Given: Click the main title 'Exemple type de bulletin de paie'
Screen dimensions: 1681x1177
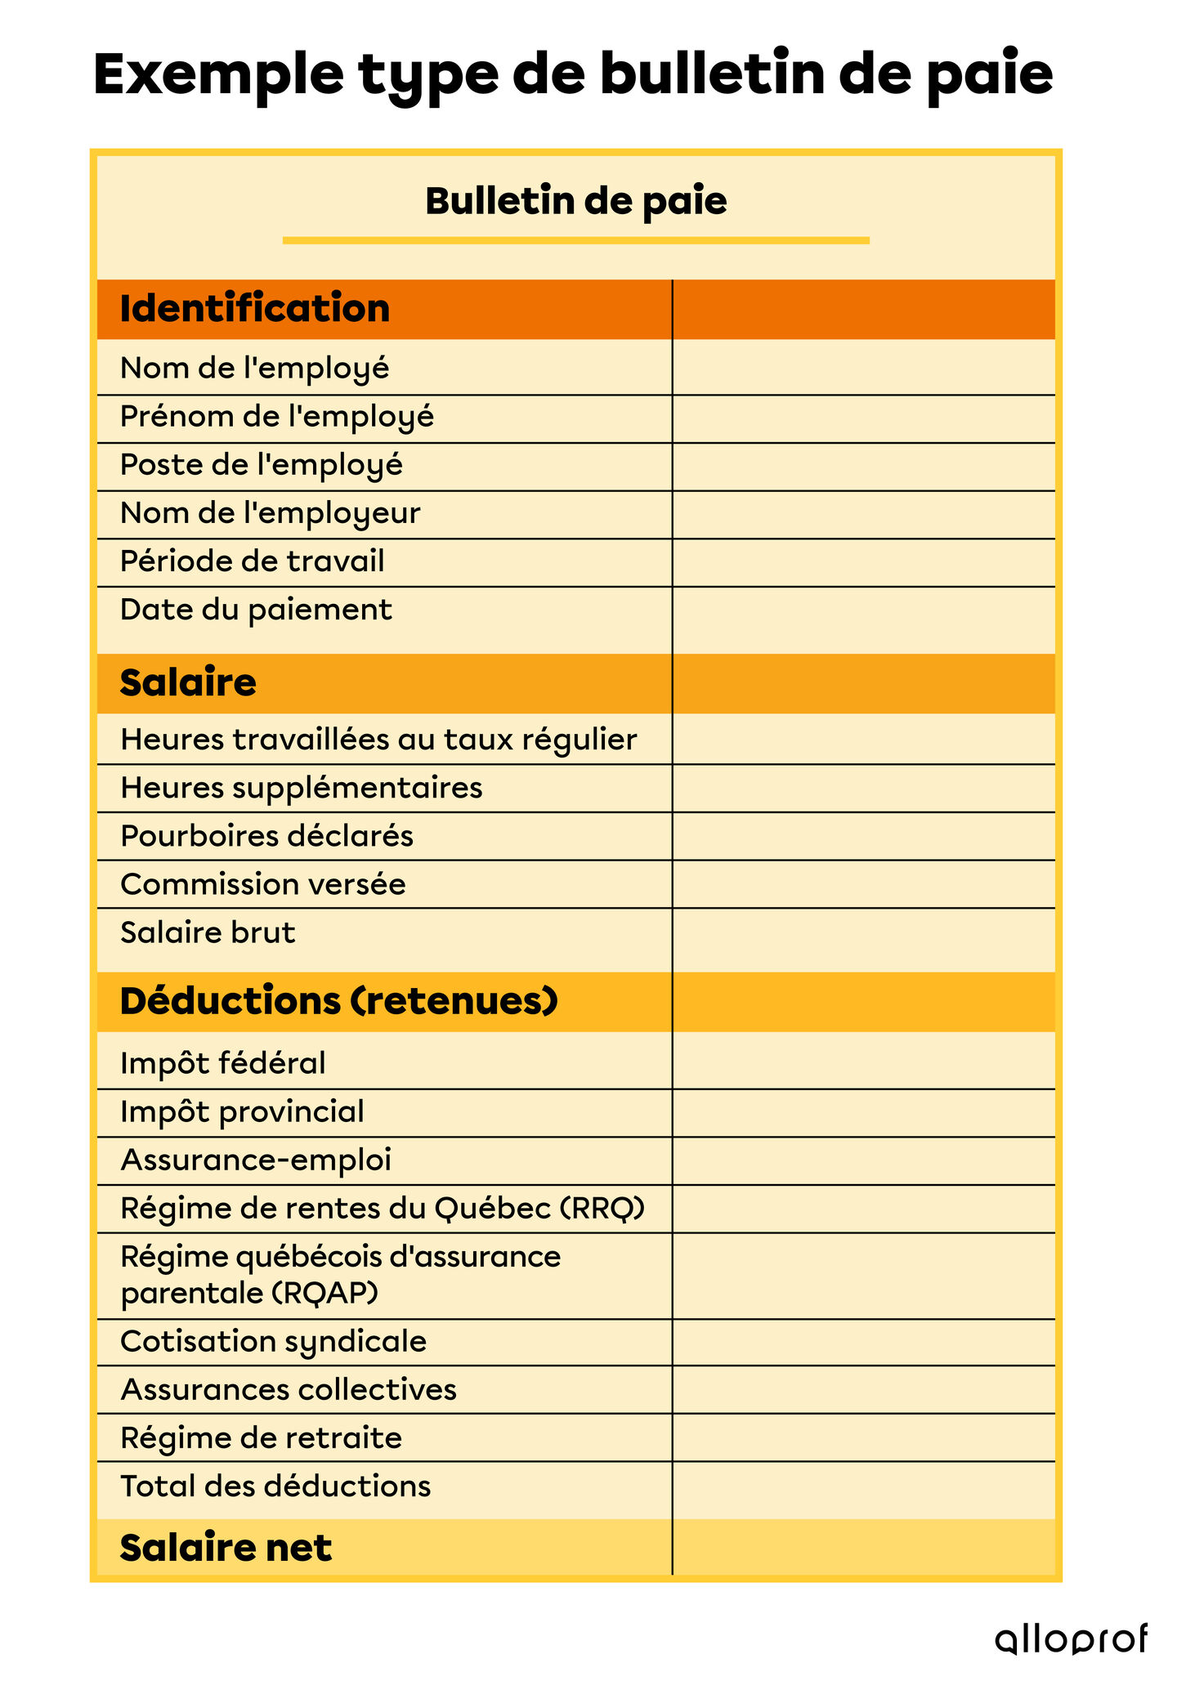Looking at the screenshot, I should [572, 75].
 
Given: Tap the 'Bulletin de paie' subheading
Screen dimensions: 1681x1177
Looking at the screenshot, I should [575, 201].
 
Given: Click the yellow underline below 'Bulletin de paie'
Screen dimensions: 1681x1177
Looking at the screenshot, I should [575, 240].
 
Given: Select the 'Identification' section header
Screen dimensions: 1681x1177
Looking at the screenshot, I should [255, 309].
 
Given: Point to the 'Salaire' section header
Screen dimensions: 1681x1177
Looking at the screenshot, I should [188, 682].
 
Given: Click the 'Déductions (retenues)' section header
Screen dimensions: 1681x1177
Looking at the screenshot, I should [339, 1001].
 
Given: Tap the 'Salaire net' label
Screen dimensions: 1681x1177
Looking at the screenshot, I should [226, 1547].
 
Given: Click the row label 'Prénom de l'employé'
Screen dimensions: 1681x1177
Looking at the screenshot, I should [277, 417].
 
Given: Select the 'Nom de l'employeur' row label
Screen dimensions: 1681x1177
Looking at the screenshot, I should [270, 513].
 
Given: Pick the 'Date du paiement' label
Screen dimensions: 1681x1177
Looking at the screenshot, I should [256, 610].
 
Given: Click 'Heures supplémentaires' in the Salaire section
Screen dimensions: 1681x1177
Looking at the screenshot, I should [301, 788].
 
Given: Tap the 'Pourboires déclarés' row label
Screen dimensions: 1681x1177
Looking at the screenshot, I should [266, 836].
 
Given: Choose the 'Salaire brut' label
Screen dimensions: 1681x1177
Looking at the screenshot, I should [208, 932].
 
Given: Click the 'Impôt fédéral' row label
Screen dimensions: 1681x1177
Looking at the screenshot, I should [222, 1063].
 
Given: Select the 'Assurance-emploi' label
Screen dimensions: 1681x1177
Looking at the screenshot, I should [256, 1160].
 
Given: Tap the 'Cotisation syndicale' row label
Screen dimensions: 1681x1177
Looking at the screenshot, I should [273, 1342].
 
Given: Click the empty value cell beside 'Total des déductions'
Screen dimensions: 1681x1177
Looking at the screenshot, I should [862, 1487].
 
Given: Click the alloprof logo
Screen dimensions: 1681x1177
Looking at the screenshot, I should [1071, 1639].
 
